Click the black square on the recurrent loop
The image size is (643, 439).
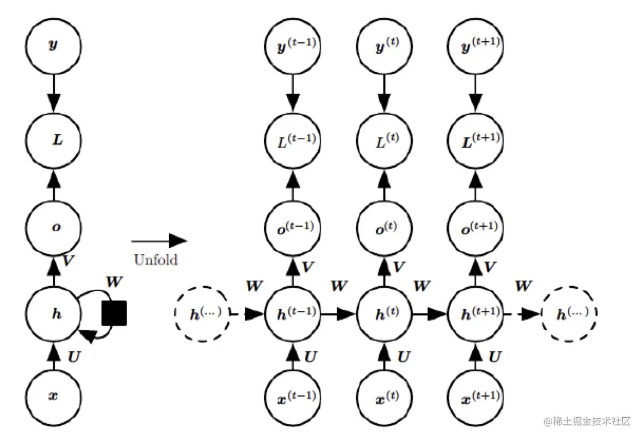[114, 313]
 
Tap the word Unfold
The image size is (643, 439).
[156, 260]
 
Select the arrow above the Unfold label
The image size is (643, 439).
[159, 240]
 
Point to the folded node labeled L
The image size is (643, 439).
[53, 140]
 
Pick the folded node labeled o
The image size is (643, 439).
[53, 227]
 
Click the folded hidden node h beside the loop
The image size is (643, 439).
[53, 314]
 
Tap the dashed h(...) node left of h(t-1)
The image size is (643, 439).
[201, 314]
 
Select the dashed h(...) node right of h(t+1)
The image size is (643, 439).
[569, 313]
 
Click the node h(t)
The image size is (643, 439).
[384, 313]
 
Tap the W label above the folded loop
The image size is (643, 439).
[114, 283]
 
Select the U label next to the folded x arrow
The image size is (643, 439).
[74, 356]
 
